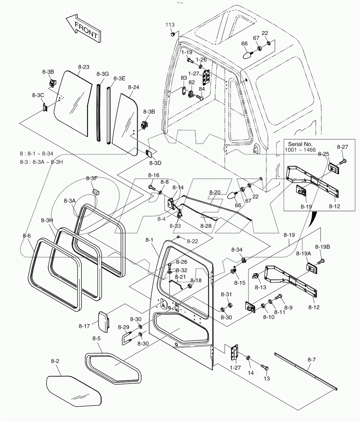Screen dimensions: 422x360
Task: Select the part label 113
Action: (170, 25)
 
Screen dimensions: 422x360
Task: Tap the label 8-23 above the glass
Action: (84, 67)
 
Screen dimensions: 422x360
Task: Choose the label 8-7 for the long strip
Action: (312, 359)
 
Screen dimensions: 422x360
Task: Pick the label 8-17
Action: (84, 326)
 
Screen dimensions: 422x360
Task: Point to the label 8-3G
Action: (103, 74)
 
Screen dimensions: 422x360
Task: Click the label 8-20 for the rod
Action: (215, 192)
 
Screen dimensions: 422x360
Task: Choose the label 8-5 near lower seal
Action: (97, 338)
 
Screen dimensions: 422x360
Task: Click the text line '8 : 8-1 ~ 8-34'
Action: (37, 153)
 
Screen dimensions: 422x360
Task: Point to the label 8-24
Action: (134, 87)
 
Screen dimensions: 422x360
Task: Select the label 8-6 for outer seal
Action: (27, 236)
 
